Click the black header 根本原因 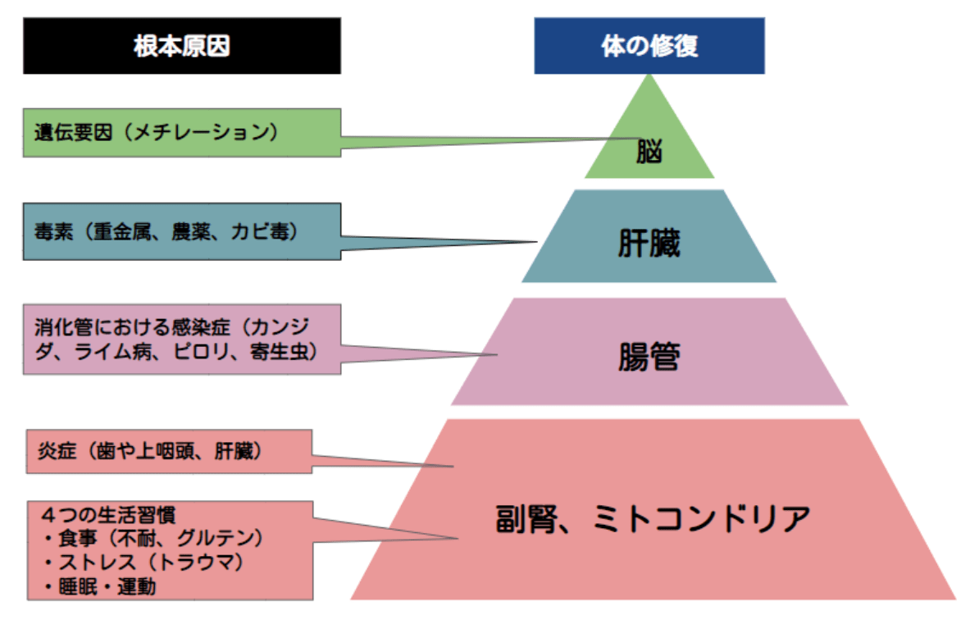click(x=181, y=47)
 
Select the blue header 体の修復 click(x=649, y=47)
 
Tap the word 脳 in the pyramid click(x=649, y=153)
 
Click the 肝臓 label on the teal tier click(x=649, y=244)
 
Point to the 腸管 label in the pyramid click(x=649, y=358)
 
